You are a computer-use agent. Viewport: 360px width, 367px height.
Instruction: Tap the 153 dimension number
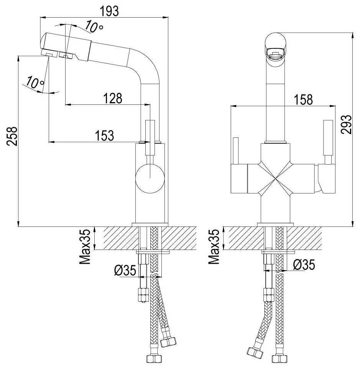pyautogui.click(x=105, y=136)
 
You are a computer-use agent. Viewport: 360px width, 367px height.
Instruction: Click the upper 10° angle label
pyautogui.click(x=93, y=27)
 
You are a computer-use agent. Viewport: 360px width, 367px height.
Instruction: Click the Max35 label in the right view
pyautogui.click(x=215, y=247)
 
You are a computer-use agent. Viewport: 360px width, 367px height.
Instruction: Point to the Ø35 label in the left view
pyautogui.click(x=125, y=271)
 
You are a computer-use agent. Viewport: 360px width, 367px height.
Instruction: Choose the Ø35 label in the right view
pyautogui.click(x=304, y=264)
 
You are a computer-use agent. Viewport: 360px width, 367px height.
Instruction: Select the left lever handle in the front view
pyautogui.click(x=235, y=150)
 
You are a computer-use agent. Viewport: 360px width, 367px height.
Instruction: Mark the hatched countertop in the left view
pyautogui.click(x=115, y=238)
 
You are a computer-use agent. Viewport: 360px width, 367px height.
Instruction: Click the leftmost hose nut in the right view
pyautogui.click(x=253, y=352)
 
